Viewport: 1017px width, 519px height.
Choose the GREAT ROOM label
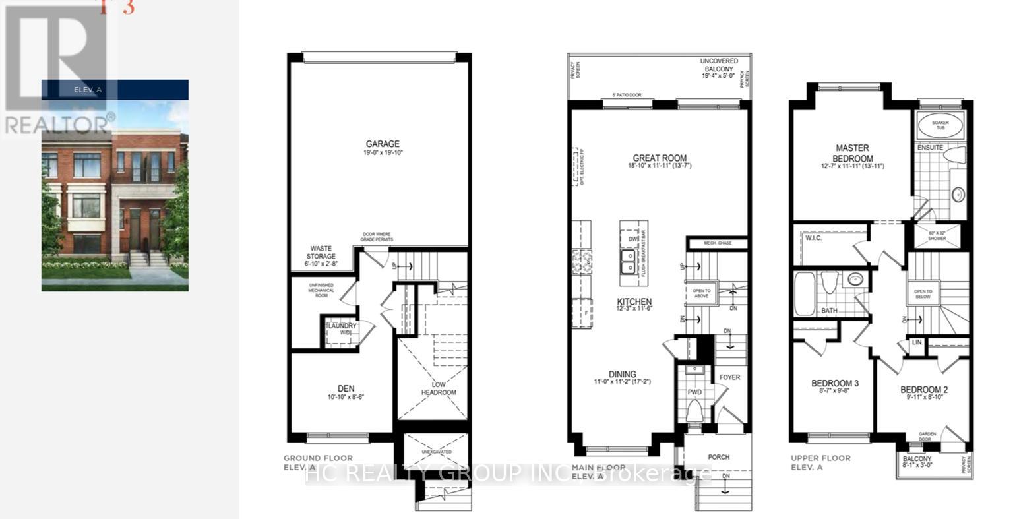(660, 158)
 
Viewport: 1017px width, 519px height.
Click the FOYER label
(729, 377)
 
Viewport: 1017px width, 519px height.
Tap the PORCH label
(718, 457)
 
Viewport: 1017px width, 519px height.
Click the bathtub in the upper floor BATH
(805, 293)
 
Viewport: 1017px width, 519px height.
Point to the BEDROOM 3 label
(834, 383)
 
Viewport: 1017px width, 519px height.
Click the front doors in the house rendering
(144, 232)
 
